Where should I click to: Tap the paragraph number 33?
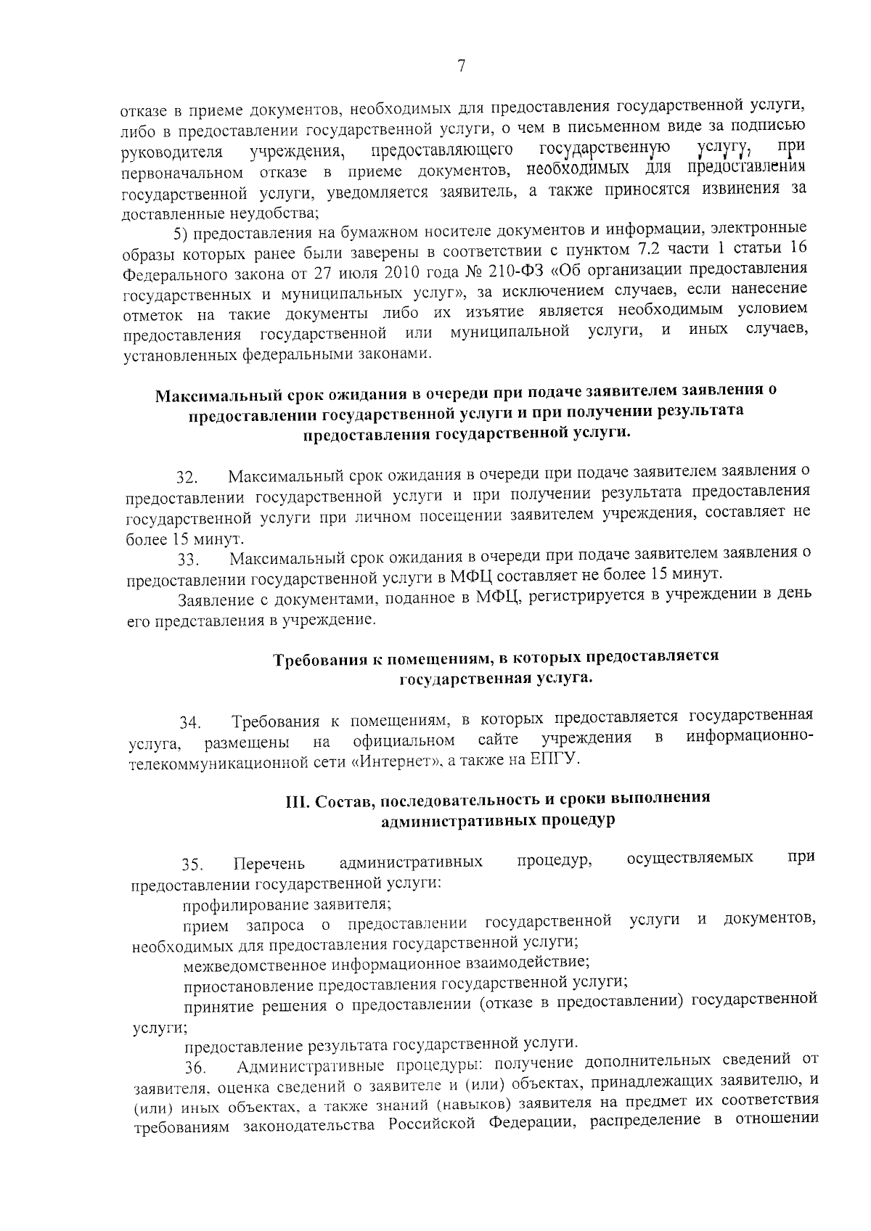187,560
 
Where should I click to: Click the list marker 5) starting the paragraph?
181,234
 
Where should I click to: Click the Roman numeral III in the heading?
294,800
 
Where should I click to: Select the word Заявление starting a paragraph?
215,600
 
